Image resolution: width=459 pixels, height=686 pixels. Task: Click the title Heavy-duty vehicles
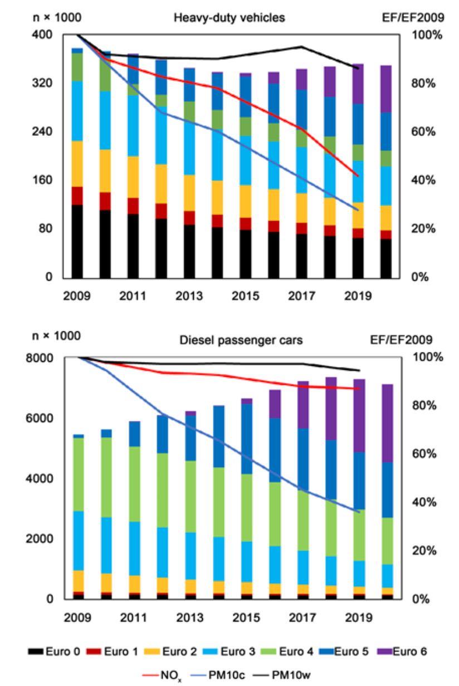click(x=229, y=18)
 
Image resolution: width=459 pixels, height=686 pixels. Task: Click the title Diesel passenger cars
click(x=241, y=340)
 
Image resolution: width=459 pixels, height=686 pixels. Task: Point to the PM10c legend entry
click(x=243, y=674)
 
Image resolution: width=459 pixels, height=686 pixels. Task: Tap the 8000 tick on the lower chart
click(x=42, y=357)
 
